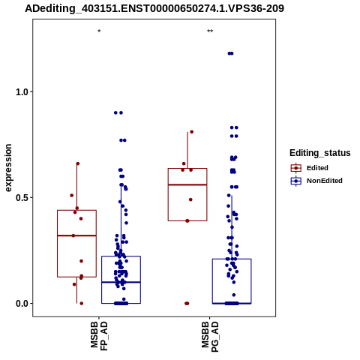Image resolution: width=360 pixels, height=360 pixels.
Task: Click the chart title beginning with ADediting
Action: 154,8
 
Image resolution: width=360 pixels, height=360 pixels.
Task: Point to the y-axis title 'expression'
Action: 8,168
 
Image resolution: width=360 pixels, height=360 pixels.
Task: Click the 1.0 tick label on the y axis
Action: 21,92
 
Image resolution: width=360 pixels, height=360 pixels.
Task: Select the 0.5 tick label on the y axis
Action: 21,198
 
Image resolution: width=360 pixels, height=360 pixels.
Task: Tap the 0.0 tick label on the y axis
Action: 21,304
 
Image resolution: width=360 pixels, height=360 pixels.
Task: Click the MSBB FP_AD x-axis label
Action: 99,336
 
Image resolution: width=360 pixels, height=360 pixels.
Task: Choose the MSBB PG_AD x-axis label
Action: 210,337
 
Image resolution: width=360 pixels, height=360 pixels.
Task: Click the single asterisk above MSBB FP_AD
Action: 99,31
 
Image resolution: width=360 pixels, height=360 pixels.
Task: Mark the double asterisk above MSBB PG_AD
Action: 210,31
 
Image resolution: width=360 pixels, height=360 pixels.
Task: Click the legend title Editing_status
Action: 320,153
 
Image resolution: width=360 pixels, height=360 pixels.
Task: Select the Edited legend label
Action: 317,168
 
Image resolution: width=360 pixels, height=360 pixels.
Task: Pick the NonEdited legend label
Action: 325,181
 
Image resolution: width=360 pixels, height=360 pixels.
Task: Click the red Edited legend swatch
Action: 296,168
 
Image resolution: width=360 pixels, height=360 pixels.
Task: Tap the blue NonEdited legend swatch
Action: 296,181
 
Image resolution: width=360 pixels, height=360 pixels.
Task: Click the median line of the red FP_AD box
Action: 76,235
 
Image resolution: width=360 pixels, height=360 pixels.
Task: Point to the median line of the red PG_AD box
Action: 187,184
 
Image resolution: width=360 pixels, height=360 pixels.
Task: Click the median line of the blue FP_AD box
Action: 121,282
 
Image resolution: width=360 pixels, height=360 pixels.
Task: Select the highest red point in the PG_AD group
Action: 192,132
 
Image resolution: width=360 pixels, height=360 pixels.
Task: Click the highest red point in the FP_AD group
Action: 78,163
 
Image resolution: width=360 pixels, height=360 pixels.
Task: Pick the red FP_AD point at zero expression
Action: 82,304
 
